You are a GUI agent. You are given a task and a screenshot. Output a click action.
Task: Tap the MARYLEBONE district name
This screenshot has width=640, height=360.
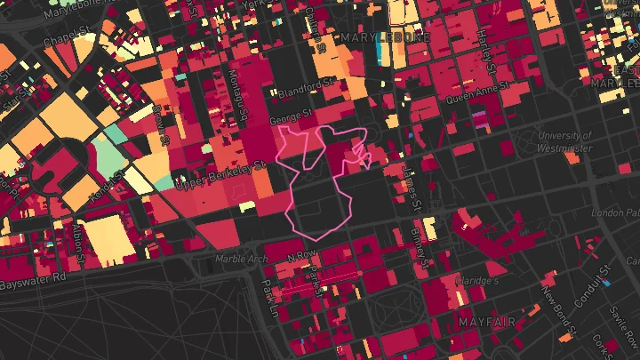(x=384, y=38)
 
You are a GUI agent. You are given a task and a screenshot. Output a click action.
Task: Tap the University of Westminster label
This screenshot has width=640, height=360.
(x=564, y=142)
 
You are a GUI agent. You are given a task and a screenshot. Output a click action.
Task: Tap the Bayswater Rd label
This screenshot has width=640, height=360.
(x=33, y=280)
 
